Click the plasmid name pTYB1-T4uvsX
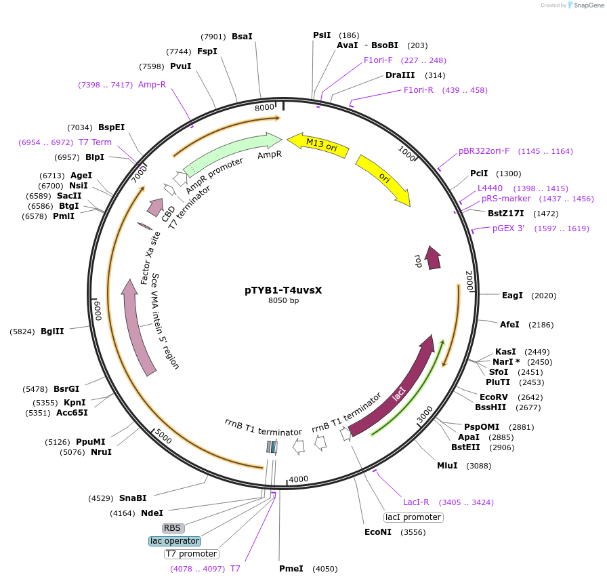(x=283, y=290)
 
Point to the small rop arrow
(x=432, y=257)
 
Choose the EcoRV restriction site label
(x=493, y=397)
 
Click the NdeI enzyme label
(x=152, y=513)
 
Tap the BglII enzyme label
(x=52, y=332)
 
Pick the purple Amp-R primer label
(x=152, y=84)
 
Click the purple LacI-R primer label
(x=416, y=502)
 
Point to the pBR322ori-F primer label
(x=484, y=151)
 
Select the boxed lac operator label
(x=175, y=541)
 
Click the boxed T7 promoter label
(x=191, y=554)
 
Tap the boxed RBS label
(x=173, y=527)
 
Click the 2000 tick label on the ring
(x=469, y=277)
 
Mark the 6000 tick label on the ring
(x=97, y=310)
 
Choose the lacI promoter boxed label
(x=413, y=517)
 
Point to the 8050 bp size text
(x=283, y=300)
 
